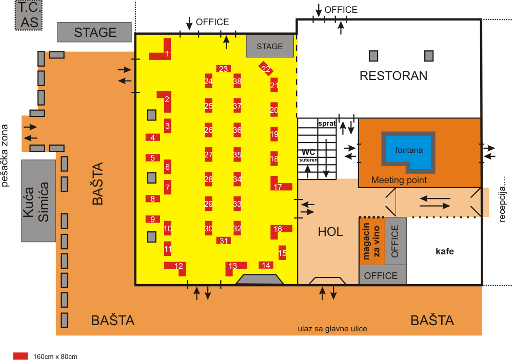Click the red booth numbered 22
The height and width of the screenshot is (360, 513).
coord(266,69)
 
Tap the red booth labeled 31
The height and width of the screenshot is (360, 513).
coord(224,241)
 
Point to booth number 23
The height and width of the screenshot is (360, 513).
coord(224,69)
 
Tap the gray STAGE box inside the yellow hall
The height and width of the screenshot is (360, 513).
coord(270,46)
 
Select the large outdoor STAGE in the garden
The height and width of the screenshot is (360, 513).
coord(94,32)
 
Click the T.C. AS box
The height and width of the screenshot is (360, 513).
coord(29,15)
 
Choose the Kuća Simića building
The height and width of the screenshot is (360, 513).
coord(38,201)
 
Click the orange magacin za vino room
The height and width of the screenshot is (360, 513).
coord(372,241)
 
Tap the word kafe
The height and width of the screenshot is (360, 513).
coord(445,251)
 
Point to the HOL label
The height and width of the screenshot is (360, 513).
coord(330,232)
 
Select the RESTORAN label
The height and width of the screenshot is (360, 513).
coord(393,75)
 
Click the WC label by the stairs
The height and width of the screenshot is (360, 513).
coord(308,152)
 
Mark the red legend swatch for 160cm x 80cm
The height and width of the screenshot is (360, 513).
coord(21,356)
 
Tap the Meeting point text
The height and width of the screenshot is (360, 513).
coord(399,180)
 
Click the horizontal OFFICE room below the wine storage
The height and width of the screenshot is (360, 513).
coord(383,275)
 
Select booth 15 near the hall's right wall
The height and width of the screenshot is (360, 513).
coord(282,253)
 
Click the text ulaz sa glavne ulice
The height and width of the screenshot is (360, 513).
coord(332,329)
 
